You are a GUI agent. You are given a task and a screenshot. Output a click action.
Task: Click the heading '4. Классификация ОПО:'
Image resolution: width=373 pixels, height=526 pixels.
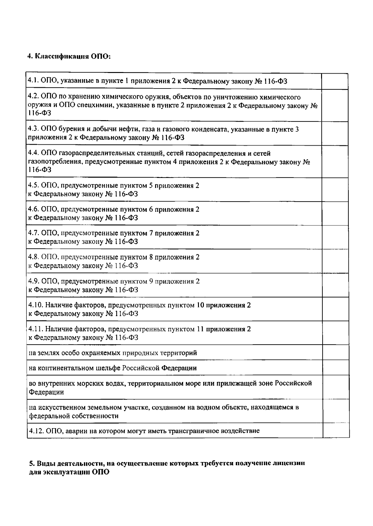pyautogui.click(x=69, y=57)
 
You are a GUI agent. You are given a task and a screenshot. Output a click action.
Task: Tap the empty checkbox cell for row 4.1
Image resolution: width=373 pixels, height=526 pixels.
pyautogui.click(x=334, y=81)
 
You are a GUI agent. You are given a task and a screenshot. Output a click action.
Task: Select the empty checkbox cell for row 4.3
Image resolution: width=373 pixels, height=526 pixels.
pyautogui.click(x=334, y=133)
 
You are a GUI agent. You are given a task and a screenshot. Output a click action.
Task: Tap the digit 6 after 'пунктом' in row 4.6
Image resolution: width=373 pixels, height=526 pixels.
pyautogui.click(x=151, y=210)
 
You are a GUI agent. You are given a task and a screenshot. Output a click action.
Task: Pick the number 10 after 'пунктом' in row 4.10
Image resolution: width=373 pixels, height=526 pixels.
pyautogui.click(x=200, y=305)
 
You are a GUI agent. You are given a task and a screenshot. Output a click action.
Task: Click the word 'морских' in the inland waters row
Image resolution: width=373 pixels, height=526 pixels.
pyautogui.click(x=78, y=383)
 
